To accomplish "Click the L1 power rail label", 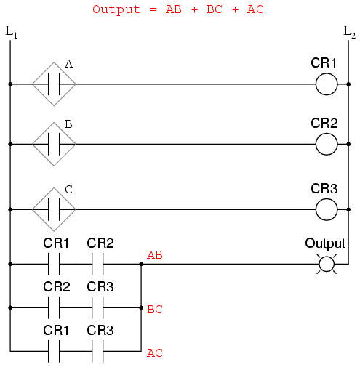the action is click(11, 33).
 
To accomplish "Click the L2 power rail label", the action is click(349, 33).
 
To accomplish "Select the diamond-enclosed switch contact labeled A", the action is click(54, 84).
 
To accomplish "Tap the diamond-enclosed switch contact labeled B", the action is click(54, 144).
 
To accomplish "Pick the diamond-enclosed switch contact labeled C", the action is click(54, 209).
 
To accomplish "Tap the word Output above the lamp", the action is click(325, 243).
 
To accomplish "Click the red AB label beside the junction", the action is click(155, 255).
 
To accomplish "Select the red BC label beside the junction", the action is click(155, 310).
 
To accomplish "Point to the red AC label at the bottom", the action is click(155, 353).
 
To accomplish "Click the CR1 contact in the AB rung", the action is click(54, 264).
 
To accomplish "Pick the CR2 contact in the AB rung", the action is click(97, 264).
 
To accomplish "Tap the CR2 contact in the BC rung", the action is click(54, 307).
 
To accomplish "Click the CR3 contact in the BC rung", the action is click(97, 307).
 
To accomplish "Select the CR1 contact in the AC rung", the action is click(54, 351).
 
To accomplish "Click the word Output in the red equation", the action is click(116, 10).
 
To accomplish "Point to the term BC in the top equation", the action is click(215, 9).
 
